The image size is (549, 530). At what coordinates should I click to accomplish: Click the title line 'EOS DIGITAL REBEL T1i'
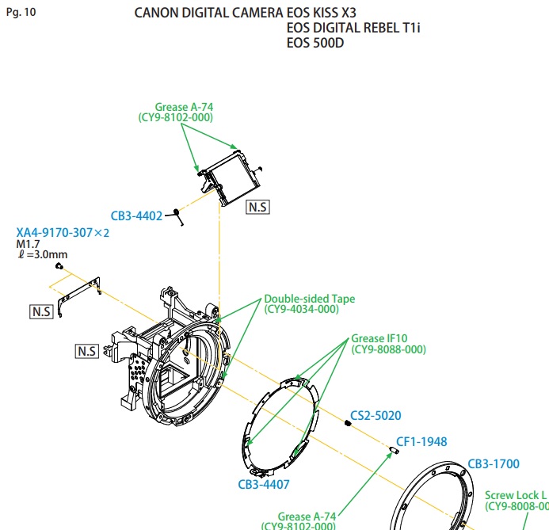pos(354,29)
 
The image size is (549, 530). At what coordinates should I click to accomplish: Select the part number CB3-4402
pos(136,215)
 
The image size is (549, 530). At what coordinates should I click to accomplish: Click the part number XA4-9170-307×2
pos(63,233)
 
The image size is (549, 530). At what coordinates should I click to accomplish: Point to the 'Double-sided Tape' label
pos(309,299)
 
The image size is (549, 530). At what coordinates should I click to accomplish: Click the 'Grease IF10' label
pos(380,337)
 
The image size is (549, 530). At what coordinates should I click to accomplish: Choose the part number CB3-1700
pos(494,464)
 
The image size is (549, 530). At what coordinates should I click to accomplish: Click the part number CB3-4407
pos(263,483)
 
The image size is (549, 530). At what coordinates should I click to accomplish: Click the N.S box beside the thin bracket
pos(41,312)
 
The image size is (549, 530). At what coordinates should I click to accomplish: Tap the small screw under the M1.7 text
pos(59,267)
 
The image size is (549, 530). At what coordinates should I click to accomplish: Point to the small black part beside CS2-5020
pos(348,424)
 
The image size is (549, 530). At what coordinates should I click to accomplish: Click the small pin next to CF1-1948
pos(394,450)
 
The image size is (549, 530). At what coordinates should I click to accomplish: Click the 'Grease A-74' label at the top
pos(184,106)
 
